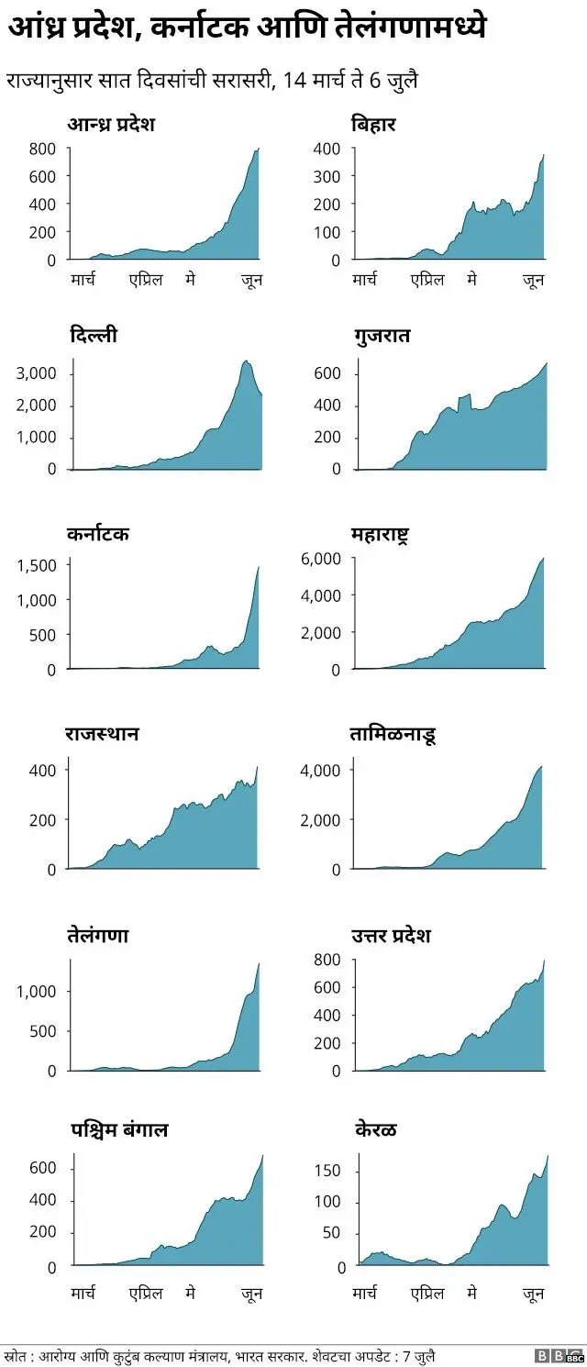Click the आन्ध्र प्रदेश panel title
pyautogui.click(x=112, y=124)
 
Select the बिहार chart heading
pyautogui.click(x=373, y=124)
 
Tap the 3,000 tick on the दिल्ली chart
pyautogui.click(x=37, y=373)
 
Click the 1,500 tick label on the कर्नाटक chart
pyautogui.click(x=37, y=565)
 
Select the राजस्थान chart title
pyautogui.click(x=102, y=734)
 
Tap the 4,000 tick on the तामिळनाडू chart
pyautogui.click(x=321, y=770)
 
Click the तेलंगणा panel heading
pyautogui.click(x=97, y=936)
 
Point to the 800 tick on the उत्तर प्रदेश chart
pyautogui.click(x=328, y=960)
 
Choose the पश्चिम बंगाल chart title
pyautogui.click(x=119, y=1129)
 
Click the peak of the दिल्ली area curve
pyautogui.click(x=246, y=361)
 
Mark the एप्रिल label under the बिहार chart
pyautogui.click(x=426, y=279)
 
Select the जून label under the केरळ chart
pyautogui.click(x=533, y=1294)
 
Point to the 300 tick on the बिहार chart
pyautogui.click(x=328, y=176)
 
